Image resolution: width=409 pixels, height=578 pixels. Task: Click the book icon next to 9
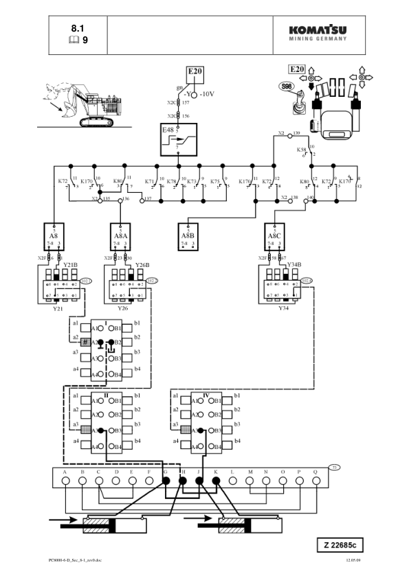(x=74, y=41)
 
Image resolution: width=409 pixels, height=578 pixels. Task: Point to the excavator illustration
(x=89, y=104)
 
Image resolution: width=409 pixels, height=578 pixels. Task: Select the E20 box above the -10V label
(x=195, y=73)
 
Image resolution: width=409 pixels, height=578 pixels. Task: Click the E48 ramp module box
(x=175, y=140)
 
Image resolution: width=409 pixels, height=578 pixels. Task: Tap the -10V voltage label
(x=208, y=94)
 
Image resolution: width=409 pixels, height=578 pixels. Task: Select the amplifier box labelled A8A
(x=121, y=236)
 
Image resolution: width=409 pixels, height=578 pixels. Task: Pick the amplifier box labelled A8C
(x=275, y=236)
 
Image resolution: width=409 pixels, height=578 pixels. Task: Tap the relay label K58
(x=301, y=149)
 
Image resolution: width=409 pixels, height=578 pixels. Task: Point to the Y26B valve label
(x=142, y=265)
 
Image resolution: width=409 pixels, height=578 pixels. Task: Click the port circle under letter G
(x=165, y=483)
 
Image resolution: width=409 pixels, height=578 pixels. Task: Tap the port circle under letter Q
(x=316, y=483)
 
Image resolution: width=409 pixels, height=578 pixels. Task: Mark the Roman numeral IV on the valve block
(x=206, y=395)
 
